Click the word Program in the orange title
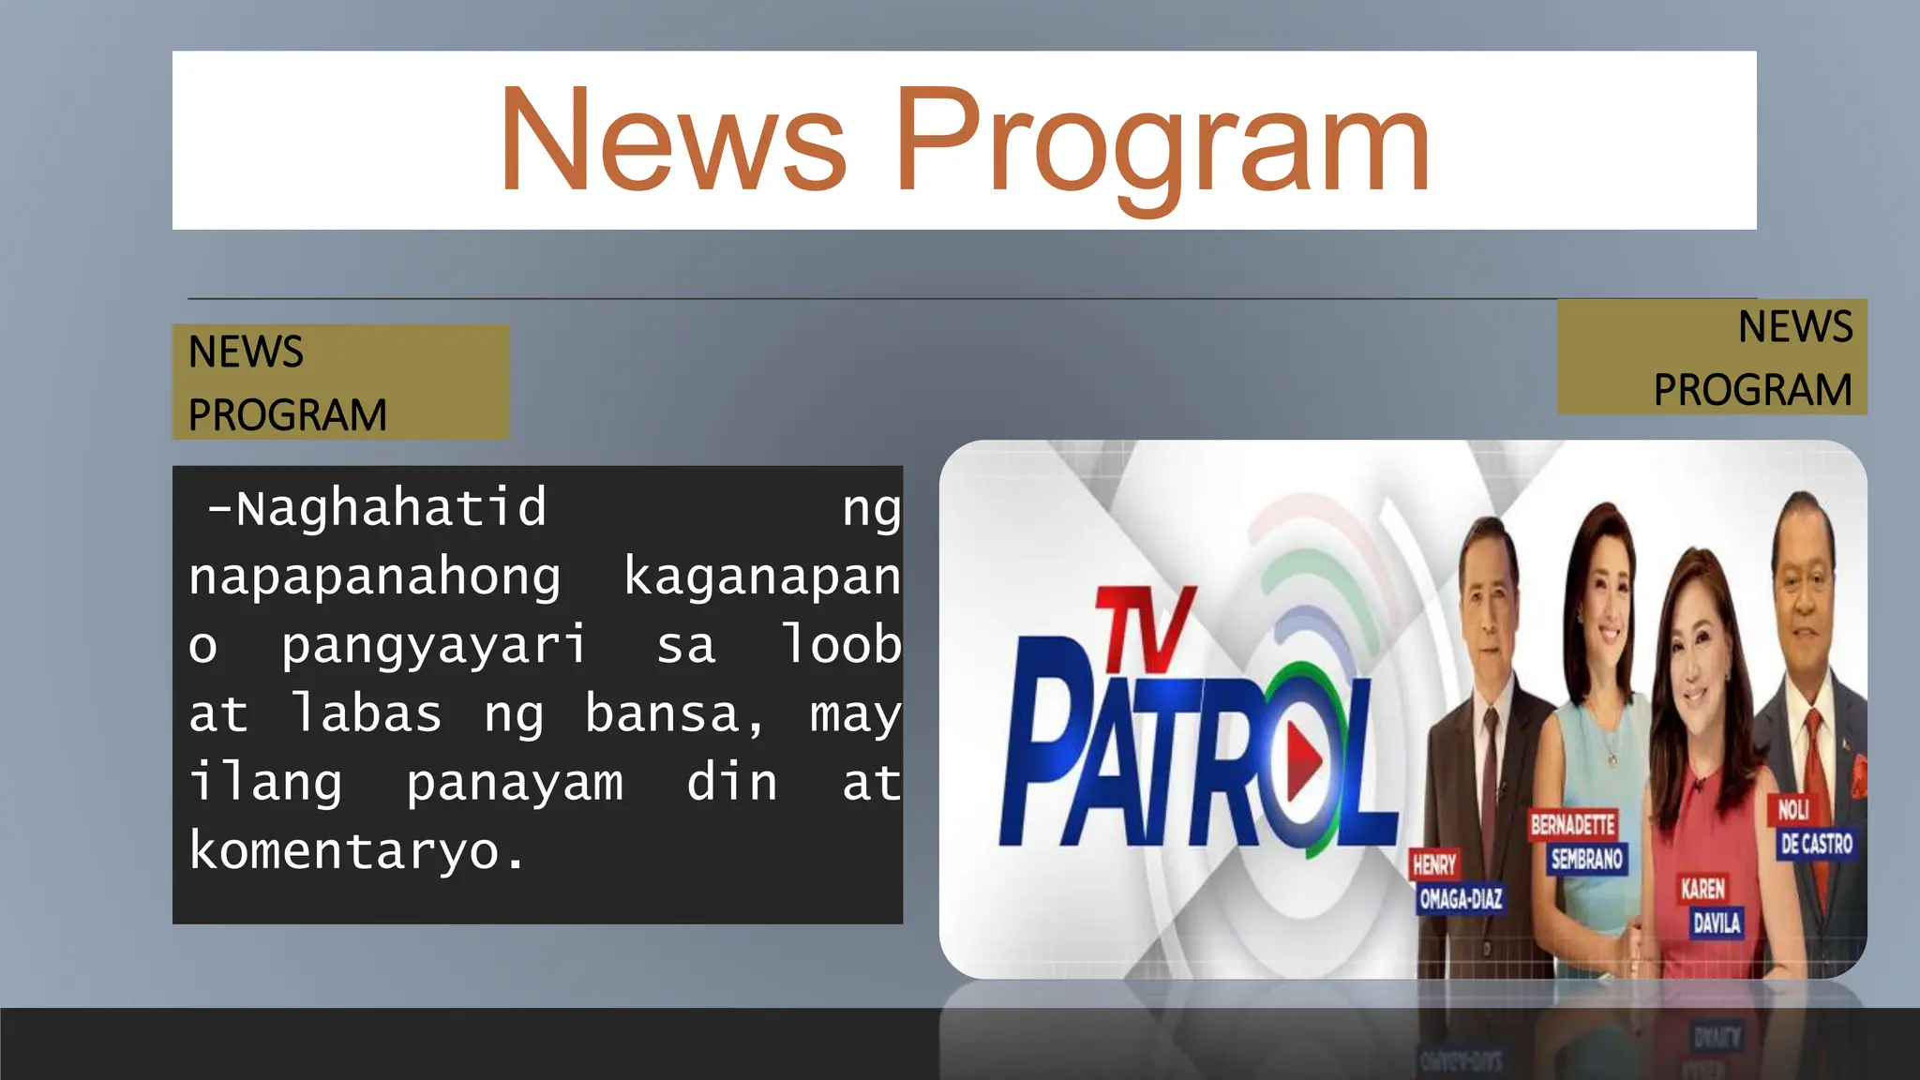pos(1162,145)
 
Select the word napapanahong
pos(375,577)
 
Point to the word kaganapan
pos(761,577)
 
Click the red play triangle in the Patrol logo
pos(1303,759)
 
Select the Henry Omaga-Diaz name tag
pos(1458,882)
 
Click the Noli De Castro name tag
pos(1814,827)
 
